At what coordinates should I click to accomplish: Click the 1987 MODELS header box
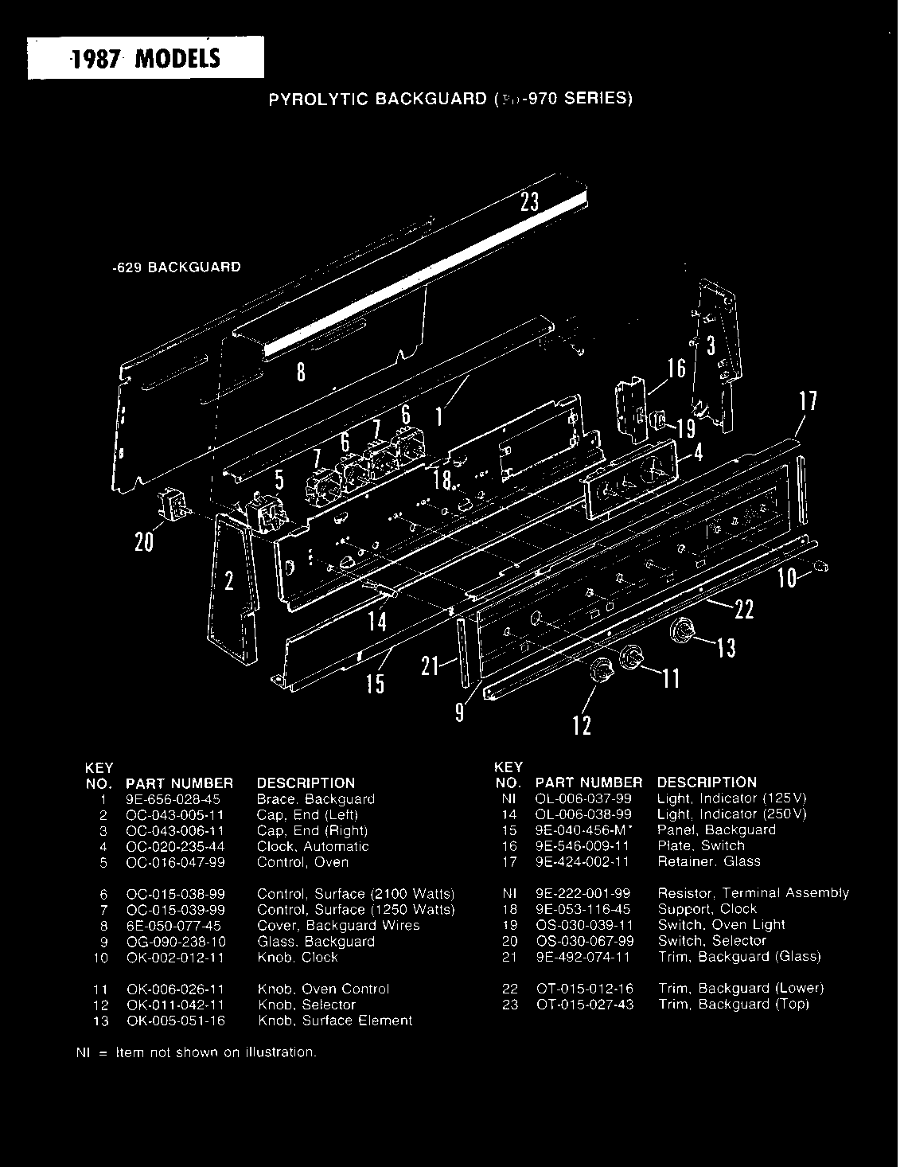click(146, 58)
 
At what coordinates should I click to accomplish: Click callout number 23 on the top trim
click(530, 202)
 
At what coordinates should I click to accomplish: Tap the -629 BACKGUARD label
click(175, 267)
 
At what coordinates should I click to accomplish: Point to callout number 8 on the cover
click(301, 372)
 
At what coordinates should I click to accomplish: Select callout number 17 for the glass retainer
click(808, 401)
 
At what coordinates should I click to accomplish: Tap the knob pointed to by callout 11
click(630, 656)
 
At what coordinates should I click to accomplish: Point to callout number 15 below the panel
click(375, 683)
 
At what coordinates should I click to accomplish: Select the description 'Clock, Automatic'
click(313, 846)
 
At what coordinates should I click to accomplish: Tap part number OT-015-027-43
click(585, 1005)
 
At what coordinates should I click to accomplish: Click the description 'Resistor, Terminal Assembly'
click(753, 893)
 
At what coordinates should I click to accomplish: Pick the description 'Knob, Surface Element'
click(334, 1021)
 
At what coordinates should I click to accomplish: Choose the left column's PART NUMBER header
click(179, 783)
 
